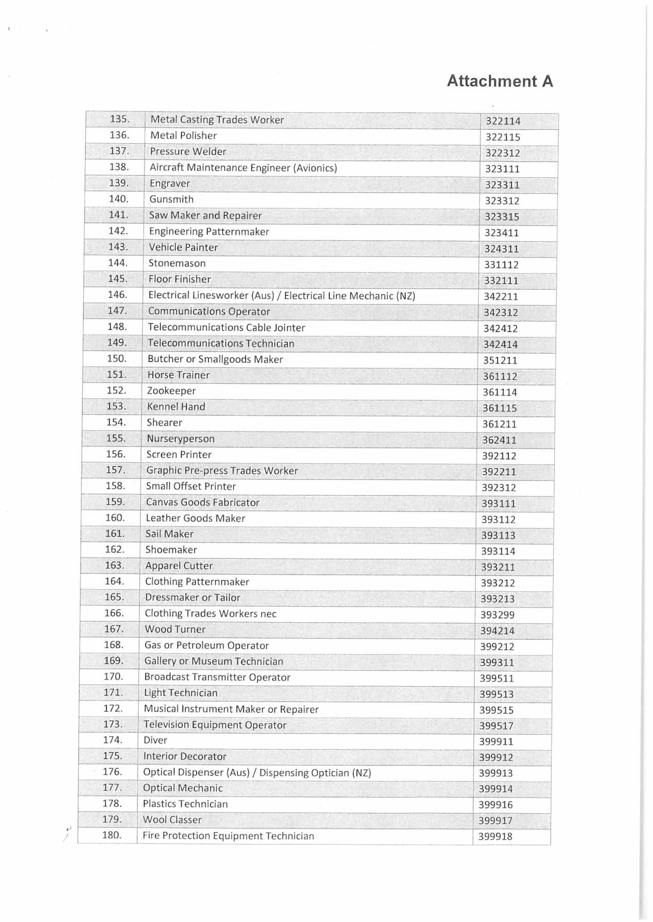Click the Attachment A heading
pos(499,81)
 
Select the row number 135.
pos(119,119)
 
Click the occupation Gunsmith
pos(171,199)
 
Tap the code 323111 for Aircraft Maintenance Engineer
pos(502,169)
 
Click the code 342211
pos(500,296)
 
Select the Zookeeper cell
pos(171,391)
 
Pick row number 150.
pos(116,358)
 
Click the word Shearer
pos(164,423)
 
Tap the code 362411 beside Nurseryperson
pos(499,440)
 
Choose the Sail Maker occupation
pos(169,534)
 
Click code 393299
pos(497,615)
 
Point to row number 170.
pos(113,676)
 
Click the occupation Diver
pos(155,740)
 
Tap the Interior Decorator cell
pos(185,756)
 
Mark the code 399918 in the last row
pos(495,836)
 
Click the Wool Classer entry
pos(172,820)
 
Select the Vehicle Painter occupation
pos(183,247)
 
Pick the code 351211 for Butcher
pos(500,360)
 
